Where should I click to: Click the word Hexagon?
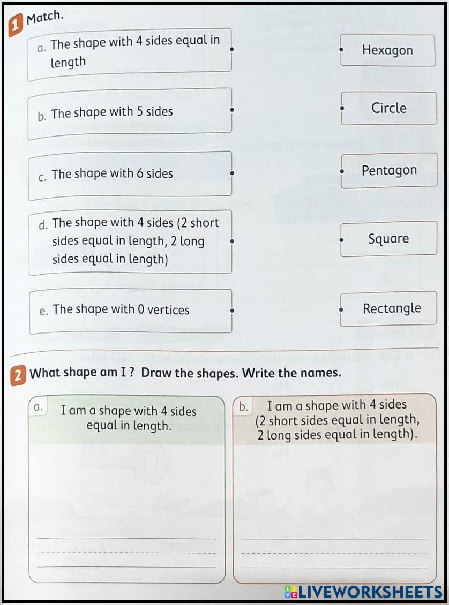point(387,50)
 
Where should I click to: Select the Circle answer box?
point(388,108)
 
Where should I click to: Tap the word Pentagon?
point(389,170)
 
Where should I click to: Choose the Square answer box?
point(388,239)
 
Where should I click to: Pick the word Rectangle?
point(392,308)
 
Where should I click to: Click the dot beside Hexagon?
point(341,49)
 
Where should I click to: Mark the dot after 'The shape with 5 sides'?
point(231,110)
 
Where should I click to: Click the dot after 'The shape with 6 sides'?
point(231,173)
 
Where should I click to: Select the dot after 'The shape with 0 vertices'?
point(231,309)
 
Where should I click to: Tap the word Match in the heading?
point(45,17)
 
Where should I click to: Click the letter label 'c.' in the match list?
point(43,176)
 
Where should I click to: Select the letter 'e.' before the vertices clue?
point(44,311)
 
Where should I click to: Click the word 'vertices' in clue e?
point(168,309)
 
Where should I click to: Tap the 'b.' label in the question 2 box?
point(243,407)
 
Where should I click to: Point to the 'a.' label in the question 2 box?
point(38,407)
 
